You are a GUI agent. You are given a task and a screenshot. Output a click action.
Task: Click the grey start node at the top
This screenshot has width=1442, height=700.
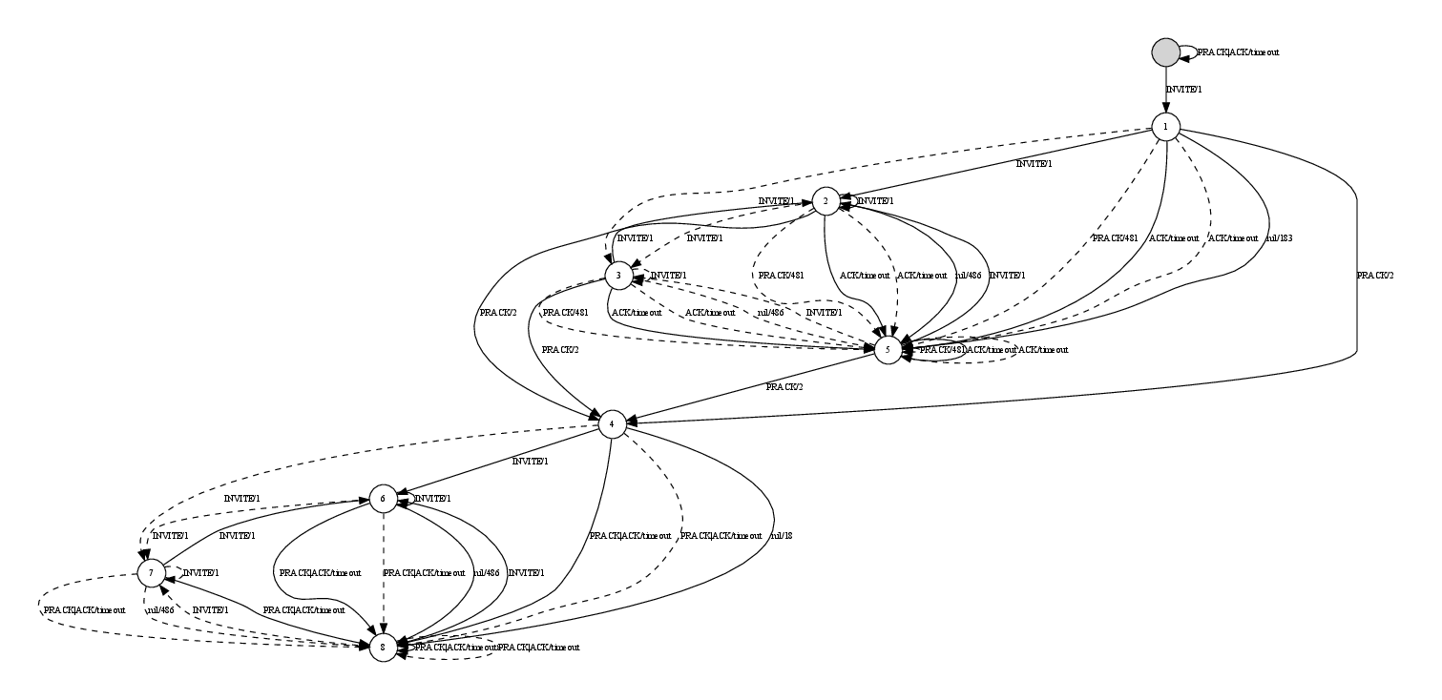(x=1165, y=52)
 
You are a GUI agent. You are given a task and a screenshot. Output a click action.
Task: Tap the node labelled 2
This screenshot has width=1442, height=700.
(x=825, y=201)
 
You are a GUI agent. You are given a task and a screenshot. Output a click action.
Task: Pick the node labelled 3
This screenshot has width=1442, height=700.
(x=618, y=276)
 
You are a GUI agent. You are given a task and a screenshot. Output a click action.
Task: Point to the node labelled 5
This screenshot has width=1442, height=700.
(x=888, y=350)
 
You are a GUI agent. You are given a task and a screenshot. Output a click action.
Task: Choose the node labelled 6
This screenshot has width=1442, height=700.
(x=382, y=498)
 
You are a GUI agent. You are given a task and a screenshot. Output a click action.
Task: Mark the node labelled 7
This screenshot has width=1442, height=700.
(x=150, y=572)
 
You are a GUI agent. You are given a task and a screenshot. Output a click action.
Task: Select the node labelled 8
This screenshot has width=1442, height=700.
(x=382, y=647)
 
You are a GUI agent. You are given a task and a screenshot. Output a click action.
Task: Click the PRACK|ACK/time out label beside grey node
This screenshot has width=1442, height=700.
(x=1238, y=52)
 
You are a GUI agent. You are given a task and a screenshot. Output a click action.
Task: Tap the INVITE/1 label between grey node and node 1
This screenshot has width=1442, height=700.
(x=1183, y=89)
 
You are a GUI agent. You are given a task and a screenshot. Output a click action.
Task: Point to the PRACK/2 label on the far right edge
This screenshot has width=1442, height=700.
(x=1374, y=276)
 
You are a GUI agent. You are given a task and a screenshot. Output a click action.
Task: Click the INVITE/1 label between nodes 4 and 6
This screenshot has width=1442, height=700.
(x=531, y=461)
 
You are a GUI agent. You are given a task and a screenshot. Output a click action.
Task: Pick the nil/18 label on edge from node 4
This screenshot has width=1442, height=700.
(x=781, y=535)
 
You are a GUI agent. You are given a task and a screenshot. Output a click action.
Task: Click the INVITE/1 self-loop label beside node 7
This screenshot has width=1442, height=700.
(x=199, y=572)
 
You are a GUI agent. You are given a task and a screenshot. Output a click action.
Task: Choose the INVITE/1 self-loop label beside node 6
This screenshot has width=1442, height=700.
(x=431, y=498)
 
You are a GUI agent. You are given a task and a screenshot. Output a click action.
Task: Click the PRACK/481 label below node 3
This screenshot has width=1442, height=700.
(x=565, y=312)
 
